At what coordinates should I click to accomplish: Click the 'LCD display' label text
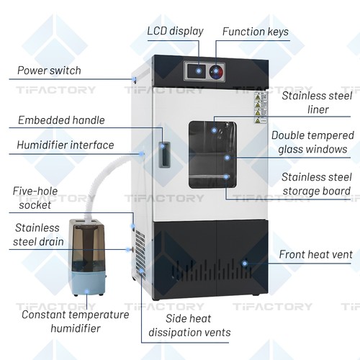coord(175,31)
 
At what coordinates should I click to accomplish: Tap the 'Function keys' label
coord(256,32)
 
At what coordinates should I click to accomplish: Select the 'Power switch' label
coord(49,71)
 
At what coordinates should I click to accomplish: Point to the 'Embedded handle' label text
coord(61,120)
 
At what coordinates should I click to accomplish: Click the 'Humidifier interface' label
coord(66,145)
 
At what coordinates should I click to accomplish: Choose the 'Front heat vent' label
coord(316,254)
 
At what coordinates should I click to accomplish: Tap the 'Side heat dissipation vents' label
coord(189,325)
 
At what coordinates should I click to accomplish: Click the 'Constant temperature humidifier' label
coord(76,321)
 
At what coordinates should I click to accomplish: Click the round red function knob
coord(216,71)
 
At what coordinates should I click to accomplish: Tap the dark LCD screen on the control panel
coord(197,71)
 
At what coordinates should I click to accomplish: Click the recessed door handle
coord(164,155)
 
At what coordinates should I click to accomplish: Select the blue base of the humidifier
coord(87,284)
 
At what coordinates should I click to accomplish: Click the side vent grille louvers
coord(140,254)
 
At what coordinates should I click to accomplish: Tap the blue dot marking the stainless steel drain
coord(128,250)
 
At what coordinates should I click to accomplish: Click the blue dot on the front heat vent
coord(245,264)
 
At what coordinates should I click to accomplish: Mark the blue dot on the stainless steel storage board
coord(226,177)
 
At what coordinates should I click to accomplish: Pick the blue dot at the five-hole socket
coord(132,226)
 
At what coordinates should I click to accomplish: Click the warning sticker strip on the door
coord(261,108)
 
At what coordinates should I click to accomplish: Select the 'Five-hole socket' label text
coord(35,198)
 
